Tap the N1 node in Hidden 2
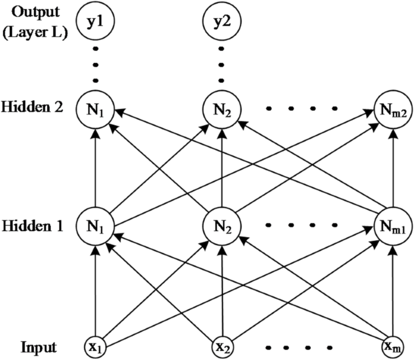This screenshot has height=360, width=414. tap(95, 110)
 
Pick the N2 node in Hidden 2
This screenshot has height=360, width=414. tap(221, 110)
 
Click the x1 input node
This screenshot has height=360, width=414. tap(95, 347)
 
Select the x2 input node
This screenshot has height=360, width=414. tap(221, 347)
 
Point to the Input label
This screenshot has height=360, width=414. tap(38, 348)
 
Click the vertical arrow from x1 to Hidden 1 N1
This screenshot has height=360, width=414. tap(95, 290)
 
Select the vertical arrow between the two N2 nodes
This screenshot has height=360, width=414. tap(221, 169)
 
